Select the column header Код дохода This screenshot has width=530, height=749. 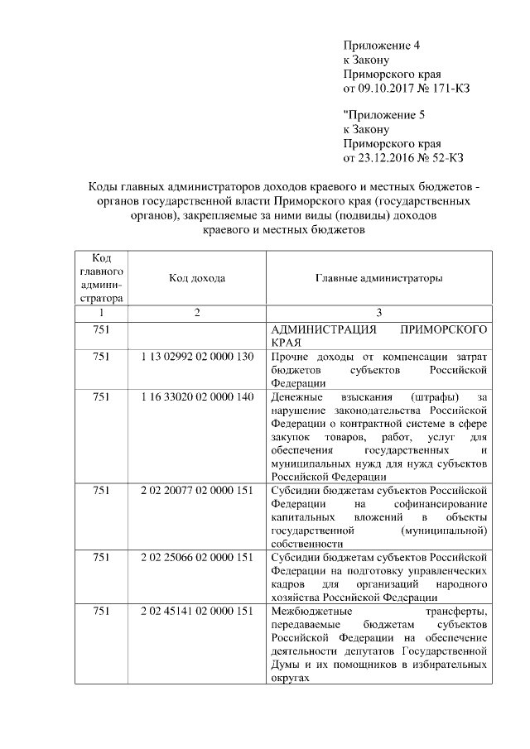point(197,279)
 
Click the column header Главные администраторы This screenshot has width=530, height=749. point(378,279)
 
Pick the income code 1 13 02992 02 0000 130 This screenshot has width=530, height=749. point(197,357)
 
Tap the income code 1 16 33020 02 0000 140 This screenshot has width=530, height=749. point(197,397)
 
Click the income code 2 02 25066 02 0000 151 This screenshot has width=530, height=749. point(197,558)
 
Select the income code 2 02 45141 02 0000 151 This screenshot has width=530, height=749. point(197,612)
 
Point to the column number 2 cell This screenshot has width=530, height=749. point(197,313)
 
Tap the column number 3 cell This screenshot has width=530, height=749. point(378,313)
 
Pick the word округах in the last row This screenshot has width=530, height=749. point(291,679)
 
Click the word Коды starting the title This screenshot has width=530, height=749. point(102,187)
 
